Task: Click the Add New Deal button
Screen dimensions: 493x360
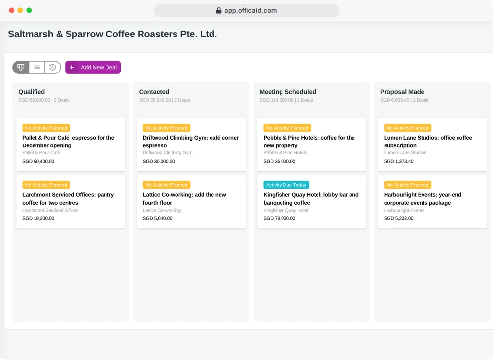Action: point(93,67)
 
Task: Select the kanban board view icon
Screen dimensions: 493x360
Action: point(21,67)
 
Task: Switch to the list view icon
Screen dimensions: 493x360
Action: point(37,67)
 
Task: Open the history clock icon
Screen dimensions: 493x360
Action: point(53,67)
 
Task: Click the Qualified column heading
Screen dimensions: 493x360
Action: point(32,92)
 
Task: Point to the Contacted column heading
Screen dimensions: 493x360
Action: point(154,92)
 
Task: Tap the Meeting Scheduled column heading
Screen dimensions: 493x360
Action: point(288,92)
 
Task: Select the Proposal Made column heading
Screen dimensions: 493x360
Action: point(402,92)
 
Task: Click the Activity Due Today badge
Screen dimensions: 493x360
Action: point(286,185)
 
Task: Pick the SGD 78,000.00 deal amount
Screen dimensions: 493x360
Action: point(279,218)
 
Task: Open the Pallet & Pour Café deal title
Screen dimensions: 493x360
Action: point(68,142)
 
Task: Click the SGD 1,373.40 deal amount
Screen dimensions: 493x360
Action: point(398,161)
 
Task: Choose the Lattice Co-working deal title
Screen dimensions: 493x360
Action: point(184,199)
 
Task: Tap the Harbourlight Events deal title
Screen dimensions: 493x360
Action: point(423,199)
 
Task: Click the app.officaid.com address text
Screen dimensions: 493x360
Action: point(250,11)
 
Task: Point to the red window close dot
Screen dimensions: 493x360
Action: point(12,10)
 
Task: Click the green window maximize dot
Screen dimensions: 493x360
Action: point(29,10)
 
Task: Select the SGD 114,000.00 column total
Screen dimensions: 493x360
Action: point(277,100)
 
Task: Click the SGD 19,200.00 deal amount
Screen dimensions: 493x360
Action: point(38,218)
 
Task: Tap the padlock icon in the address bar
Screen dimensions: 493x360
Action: point(219,11)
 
